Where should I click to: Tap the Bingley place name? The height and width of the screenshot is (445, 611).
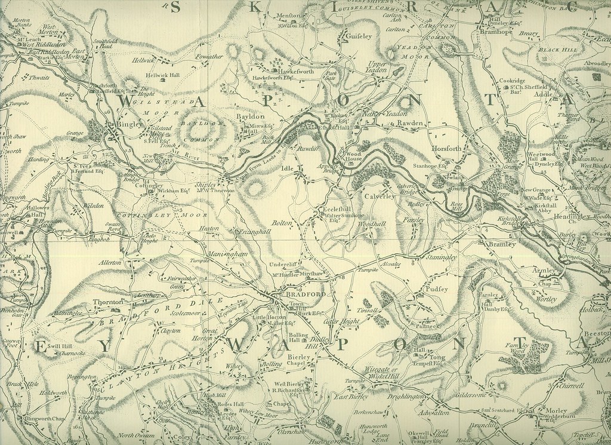pyautogui.click(x=129, y=124)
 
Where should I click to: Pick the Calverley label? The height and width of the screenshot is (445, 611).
pyautogui.click(x=378, y=195)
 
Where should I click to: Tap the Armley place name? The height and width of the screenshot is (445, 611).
pyautogui.click(x=544, y=271)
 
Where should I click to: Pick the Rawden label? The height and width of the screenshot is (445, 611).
pyautogui.click(x=410, y=124)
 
